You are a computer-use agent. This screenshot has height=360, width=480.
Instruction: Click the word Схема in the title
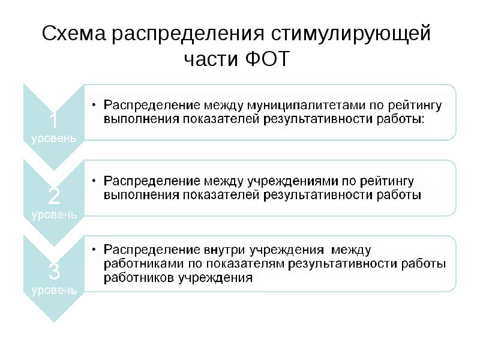coord(71,34)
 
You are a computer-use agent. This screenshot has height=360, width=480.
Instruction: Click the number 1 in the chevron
coord(53,121)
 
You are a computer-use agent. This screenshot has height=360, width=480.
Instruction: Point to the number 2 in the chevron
coord(53,196)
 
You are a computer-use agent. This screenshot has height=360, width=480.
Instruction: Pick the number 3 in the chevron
coord(53,272)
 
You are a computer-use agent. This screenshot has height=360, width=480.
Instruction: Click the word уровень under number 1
coord(53,139)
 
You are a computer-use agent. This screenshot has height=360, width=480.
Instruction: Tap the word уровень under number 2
coord(53,214)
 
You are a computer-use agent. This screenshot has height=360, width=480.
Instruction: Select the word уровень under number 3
coord(53,290)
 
